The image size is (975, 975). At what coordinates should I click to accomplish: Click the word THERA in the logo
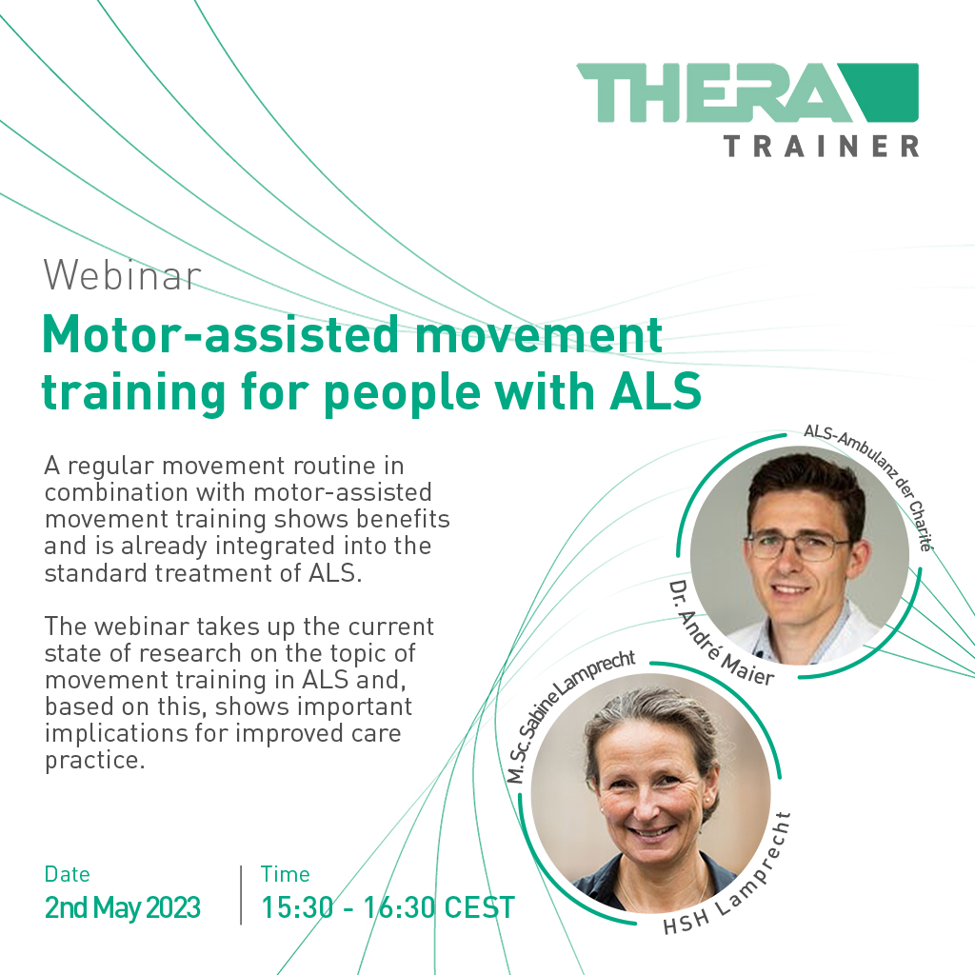709,92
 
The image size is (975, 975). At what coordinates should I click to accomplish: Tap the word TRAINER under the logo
821,146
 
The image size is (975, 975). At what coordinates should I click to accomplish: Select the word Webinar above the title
122,276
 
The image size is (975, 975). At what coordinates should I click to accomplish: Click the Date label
68,874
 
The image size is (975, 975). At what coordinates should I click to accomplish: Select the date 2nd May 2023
123,907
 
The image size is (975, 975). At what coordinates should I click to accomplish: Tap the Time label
286,874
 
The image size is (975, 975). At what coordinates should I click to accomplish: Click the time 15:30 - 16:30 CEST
388,907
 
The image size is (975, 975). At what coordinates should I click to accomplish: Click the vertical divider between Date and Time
241,894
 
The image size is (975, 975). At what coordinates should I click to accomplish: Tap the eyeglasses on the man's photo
798,546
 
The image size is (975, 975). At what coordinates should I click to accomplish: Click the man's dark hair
805,481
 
